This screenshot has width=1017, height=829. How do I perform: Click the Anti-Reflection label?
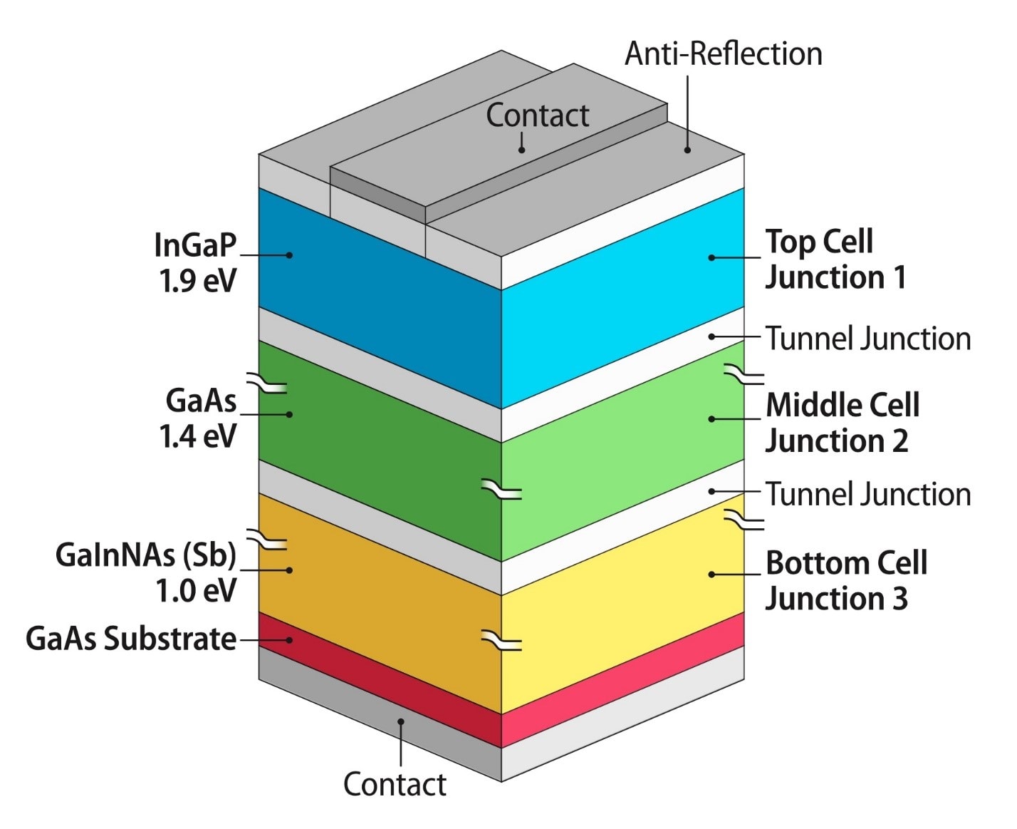(x=723, y=54)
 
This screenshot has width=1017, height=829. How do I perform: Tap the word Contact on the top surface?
(x=537, y=115)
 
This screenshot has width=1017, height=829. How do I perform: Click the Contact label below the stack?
(x=395, y=784)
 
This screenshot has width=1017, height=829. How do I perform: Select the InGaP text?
(x=195, y=245)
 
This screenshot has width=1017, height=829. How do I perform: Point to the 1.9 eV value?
(x=197, y=281)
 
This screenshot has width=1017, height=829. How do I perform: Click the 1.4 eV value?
(x=197, y=436)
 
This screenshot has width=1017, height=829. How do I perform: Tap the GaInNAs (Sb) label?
(x=146, y=555)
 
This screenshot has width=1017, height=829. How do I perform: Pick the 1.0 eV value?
(x=196, y=590)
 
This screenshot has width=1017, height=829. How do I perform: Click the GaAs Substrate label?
(x=131, y=639)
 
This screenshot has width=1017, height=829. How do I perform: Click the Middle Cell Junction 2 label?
(x=842, y=423)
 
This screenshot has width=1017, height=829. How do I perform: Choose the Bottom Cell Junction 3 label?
(x=845, y=580)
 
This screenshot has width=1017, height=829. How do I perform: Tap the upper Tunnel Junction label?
(x=867, y=339)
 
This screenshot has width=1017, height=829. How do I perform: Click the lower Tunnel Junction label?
(x=867, y=494)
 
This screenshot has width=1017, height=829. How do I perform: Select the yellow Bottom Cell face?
(x=620, y=606)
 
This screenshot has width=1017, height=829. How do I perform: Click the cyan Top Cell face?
(x=620, y=299)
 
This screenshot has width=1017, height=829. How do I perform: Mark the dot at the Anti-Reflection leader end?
(x=687, y=150)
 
